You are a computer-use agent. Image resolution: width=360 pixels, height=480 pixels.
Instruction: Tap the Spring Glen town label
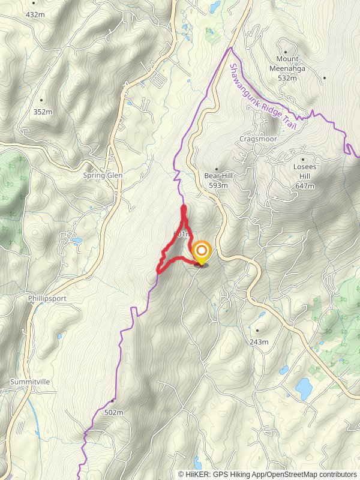click(102, 176)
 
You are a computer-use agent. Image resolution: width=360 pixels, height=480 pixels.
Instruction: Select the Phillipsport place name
click(47, 298)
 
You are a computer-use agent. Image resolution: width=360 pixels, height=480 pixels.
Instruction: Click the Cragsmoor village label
click(256, 139)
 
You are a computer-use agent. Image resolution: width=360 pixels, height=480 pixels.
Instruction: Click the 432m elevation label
click(35, 14)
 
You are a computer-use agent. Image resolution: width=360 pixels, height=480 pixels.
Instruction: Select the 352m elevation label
click(43, 112)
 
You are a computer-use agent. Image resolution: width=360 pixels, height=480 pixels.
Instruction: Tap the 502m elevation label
click(113, 412)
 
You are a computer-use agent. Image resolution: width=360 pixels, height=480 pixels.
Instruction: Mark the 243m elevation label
click(259, 341)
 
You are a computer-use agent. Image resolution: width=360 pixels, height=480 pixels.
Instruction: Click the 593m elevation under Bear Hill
click(218, 186)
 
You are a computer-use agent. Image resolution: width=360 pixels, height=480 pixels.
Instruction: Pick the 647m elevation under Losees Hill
click(305, 186)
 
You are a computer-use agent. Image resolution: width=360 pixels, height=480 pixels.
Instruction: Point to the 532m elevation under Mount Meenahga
click(288, 77)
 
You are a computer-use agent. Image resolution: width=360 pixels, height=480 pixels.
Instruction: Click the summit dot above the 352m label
click(41, 100)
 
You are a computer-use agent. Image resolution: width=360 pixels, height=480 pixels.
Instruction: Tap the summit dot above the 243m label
click(257, 330)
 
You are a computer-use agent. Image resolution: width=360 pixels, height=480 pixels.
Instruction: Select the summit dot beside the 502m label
click(112, 401)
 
